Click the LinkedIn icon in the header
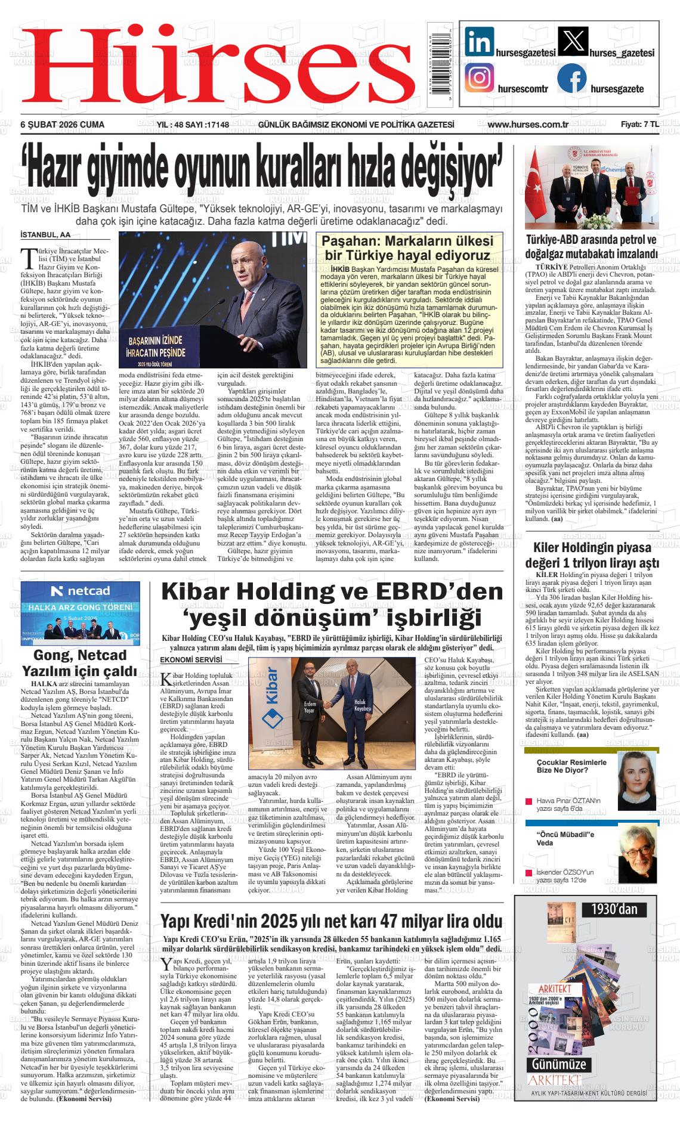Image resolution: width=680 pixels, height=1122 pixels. (x=479, y=43)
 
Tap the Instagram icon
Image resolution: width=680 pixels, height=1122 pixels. (x=479, y=78)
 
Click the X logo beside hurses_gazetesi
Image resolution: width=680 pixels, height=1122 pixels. (x=571, y=43)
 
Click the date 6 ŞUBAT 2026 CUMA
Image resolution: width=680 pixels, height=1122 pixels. (x=63, y=125)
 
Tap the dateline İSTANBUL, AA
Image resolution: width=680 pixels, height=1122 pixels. (x=45, y=235)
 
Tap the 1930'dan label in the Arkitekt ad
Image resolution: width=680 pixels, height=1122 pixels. (x=614, y=909)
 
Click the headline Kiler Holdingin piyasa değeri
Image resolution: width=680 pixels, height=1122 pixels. (x=592, y=555)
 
